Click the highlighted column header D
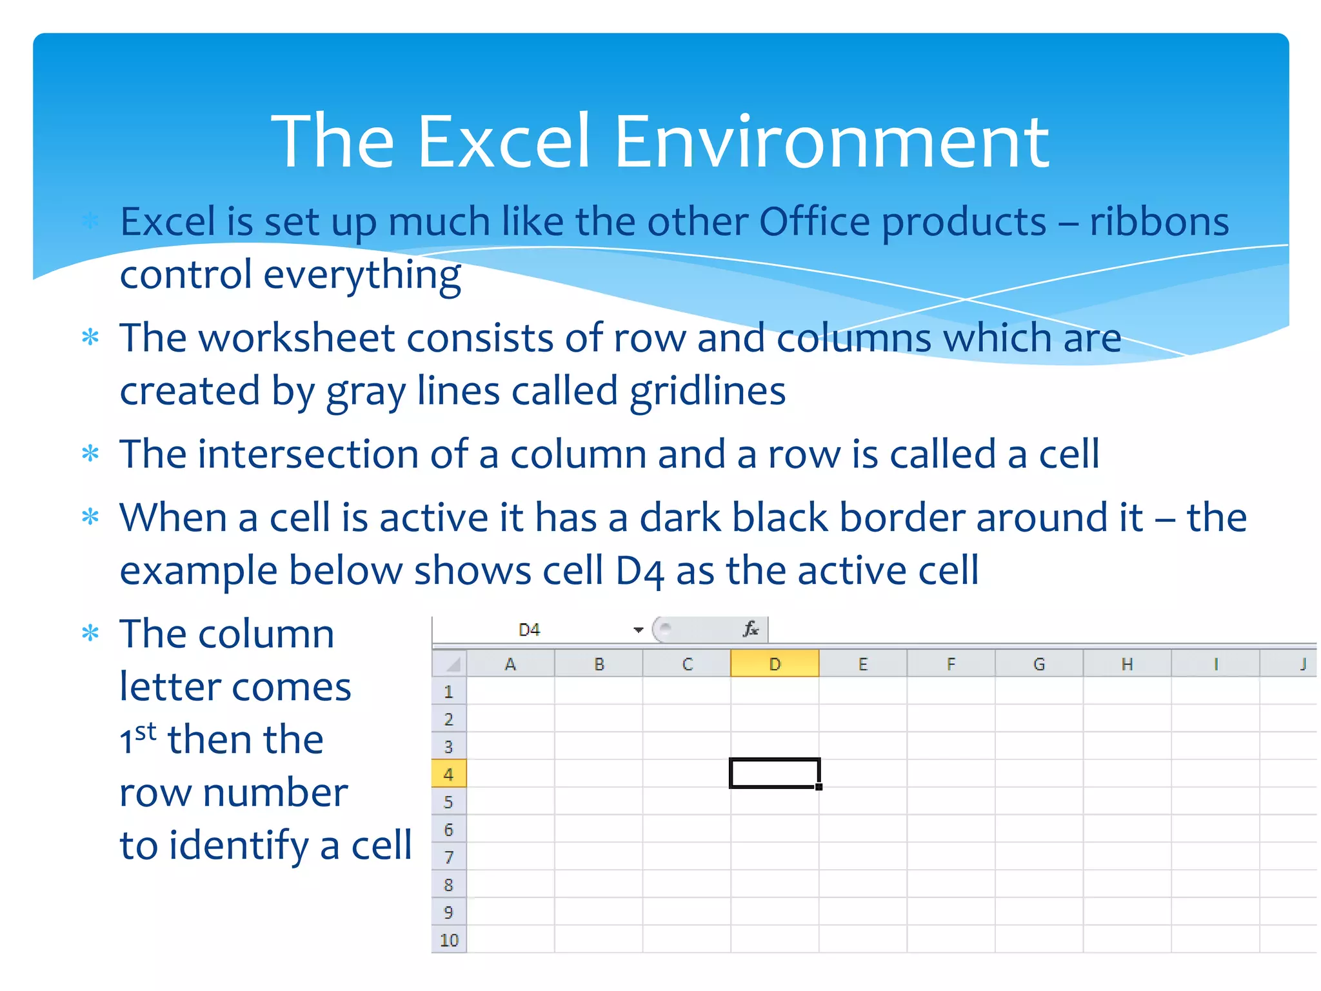point(775,664)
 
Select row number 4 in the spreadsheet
point(448,774)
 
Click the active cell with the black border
point(775,773)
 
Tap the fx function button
point(750,629)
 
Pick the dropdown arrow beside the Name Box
point(638,630)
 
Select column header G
point(1038,664)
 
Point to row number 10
point(448,940)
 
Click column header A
point(510,664)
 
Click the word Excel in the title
point(504,141)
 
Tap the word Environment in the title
point(832,141)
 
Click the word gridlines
point(708,392)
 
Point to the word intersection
point(308,454)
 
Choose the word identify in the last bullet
point(239,846)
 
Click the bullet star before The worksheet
point(91,337)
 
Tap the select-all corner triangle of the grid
point(453,664)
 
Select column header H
point(1127,664)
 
